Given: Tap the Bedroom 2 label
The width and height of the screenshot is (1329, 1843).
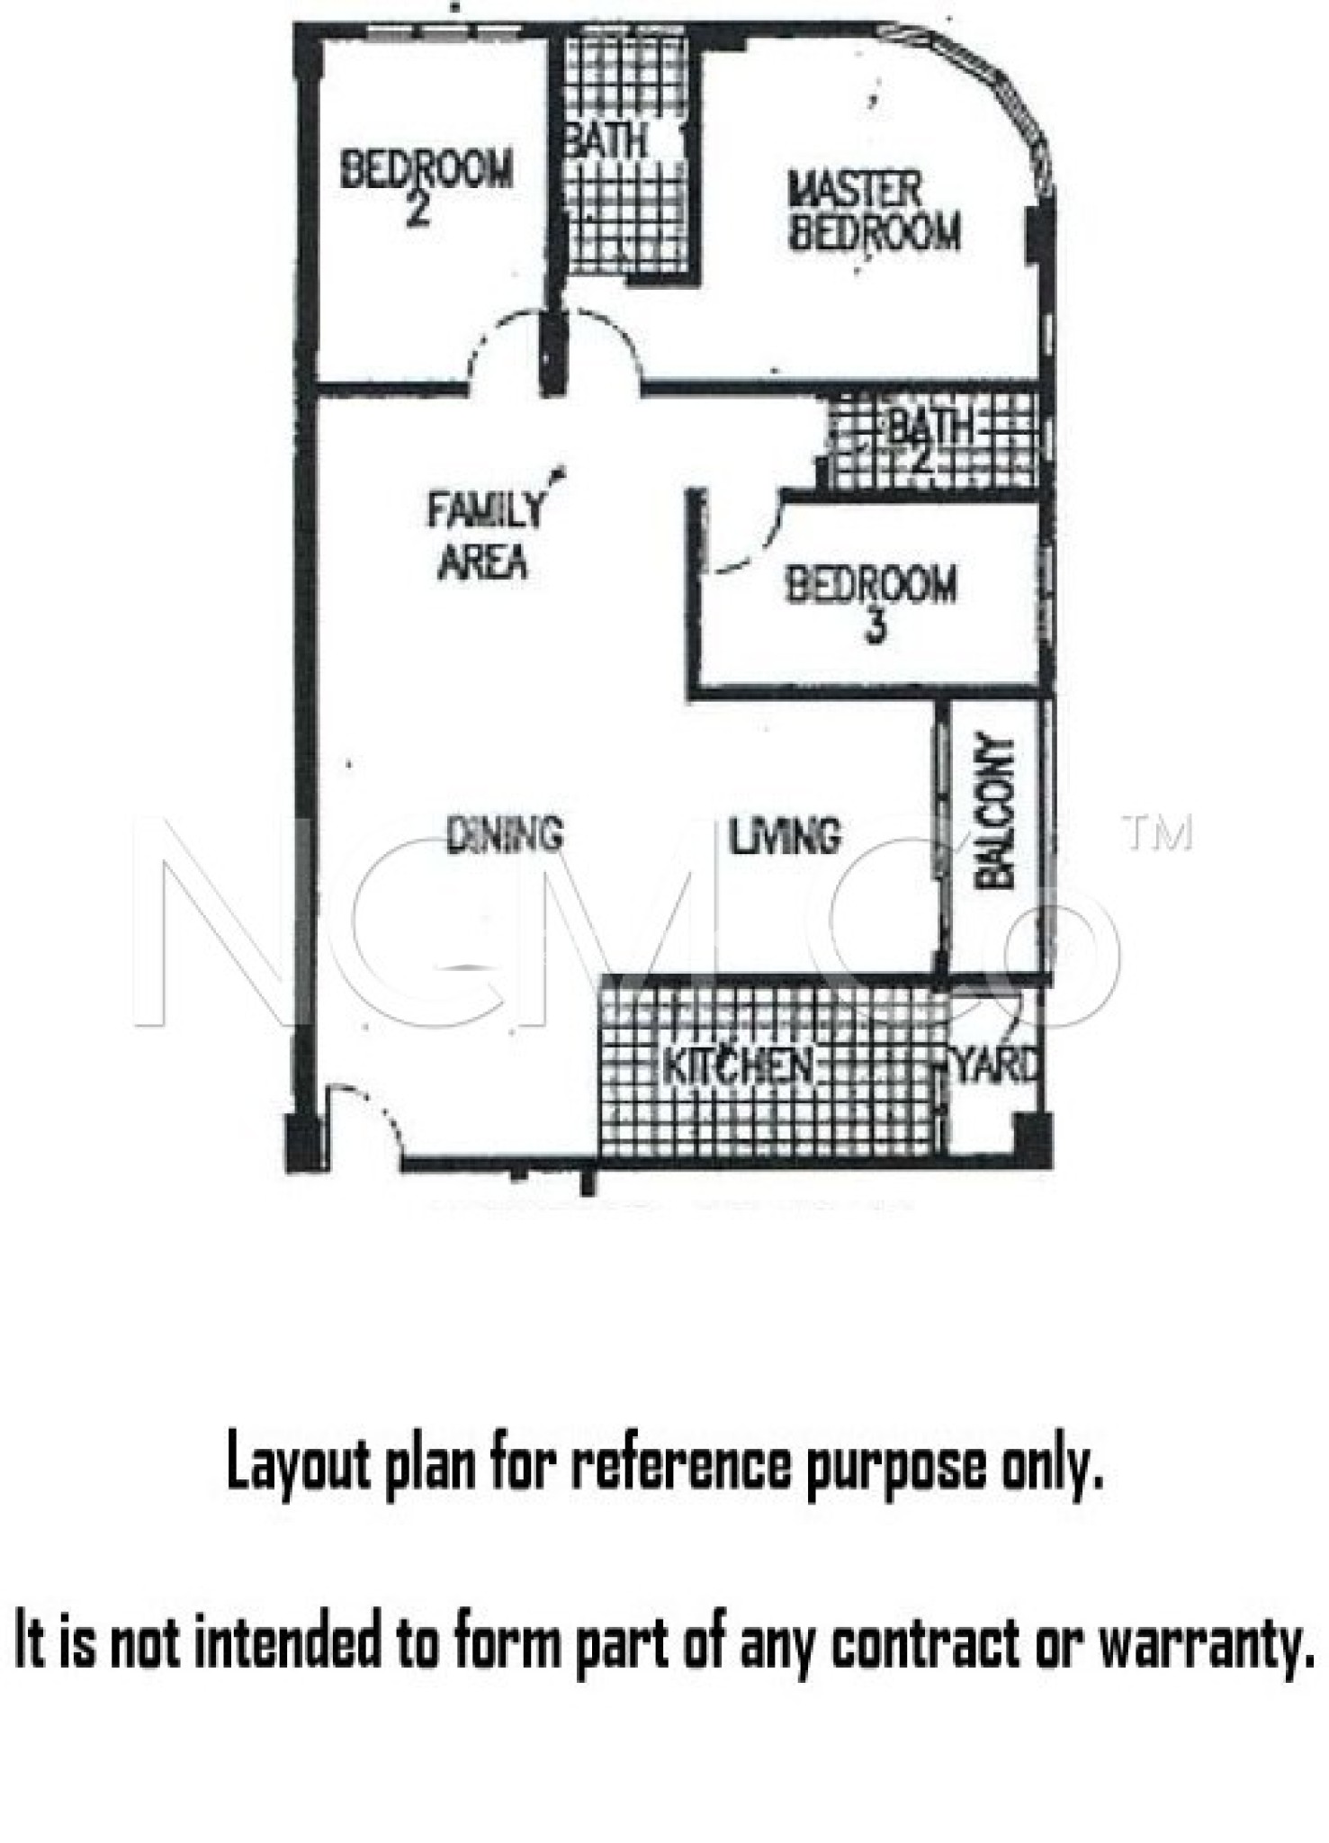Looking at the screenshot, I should [x=427, y=184].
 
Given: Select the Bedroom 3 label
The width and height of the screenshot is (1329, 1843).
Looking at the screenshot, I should [x=871, y=601].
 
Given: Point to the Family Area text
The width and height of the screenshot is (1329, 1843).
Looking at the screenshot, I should [x=484, y=536].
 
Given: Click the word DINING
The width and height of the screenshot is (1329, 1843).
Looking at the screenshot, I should [x=506, y=834].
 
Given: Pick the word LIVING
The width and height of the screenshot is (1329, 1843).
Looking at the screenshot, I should [x=785, y=835].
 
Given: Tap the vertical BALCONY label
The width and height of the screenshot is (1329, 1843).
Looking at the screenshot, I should [x=996, y=813].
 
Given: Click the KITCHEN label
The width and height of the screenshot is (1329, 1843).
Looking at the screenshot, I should [x=737, y=1066].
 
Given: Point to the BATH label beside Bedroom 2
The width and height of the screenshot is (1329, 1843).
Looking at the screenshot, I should [x=606, y=140].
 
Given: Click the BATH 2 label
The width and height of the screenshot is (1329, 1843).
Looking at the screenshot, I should [x=931, y=440].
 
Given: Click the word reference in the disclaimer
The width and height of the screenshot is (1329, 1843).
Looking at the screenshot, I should [x=681, y=1464].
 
